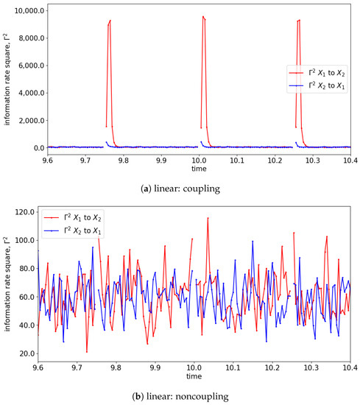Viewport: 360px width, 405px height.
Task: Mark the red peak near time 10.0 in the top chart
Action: (x=202, y=17)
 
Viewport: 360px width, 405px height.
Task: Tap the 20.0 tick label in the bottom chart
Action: (x=24, y=353)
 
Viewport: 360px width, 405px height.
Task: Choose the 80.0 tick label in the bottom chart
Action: (x=24, y=269)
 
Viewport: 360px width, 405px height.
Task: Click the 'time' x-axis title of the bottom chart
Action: (x=193, y=376)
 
